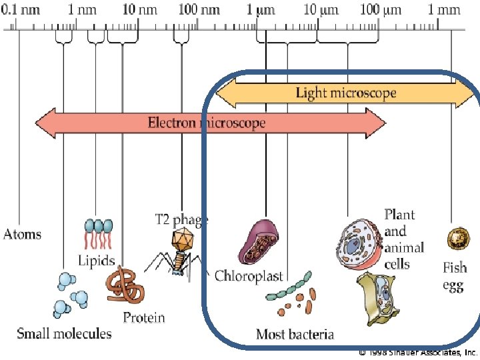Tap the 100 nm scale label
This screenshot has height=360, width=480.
point(199,10)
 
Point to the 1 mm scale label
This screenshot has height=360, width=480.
point(444,10)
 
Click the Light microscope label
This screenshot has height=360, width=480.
point(346,92)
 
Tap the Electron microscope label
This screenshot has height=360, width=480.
point(207,123)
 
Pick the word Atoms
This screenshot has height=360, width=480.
point(22,234)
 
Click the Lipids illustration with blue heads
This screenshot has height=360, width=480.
point(97,233)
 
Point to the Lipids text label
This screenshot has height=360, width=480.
point(96,261)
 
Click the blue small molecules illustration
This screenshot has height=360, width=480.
point(69,293)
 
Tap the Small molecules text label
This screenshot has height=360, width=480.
point(64,333)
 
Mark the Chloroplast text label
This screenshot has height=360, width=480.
point(249,276)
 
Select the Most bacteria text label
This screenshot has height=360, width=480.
point(295,333)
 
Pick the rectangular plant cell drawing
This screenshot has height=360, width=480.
point(377,298)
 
